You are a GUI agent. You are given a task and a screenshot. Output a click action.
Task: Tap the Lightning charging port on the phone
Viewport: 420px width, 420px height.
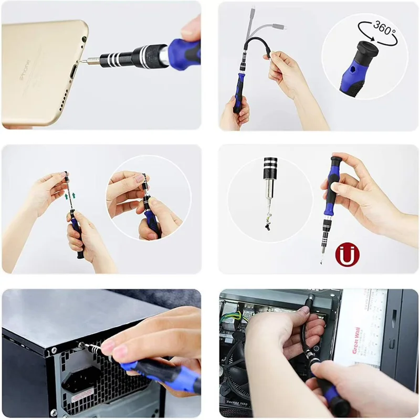click(73, 66)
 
